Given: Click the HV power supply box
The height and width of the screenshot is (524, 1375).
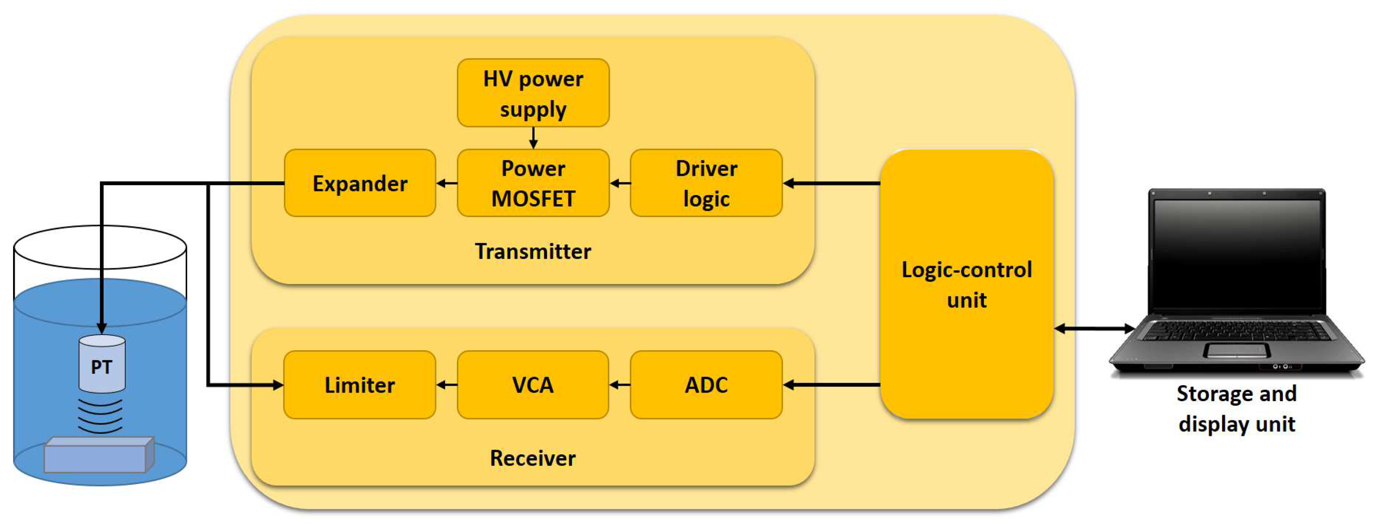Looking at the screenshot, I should click(533, 93).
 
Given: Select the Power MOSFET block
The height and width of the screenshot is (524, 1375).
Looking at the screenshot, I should click(533, 183).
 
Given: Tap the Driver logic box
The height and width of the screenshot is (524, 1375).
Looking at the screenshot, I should click(706, 183).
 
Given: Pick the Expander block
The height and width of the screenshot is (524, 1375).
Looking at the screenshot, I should click(360, 183).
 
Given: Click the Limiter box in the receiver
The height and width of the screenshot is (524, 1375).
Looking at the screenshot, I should click(359, 384).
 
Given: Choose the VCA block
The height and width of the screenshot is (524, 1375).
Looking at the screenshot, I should click(533, 384).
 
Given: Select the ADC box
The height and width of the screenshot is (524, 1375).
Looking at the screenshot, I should click(706, 384).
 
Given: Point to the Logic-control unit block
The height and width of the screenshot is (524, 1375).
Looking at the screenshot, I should click(966, 284).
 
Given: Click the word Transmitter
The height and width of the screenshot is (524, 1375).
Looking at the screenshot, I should click(533, 251).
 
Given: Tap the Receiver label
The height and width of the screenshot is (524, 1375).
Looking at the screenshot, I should click(533, 458).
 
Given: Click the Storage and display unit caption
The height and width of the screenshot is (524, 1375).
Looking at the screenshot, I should click(1236, 409).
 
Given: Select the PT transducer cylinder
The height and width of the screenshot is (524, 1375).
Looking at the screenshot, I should click(102, 364).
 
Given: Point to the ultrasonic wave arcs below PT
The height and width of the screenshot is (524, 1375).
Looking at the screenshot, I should click(100, 415).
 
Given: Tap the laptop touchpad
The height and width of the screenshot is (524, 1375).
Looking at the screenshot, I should click(1236, 351).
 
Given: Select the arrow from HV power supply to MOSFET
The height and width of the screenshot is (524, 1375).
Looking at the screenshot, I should click(533, 138).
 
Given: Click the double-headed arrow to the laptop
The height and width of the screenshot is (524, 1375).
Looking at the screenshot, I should click(1094, 329).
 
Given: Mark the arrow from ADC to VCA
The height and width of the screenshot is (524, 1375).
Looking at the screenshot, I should click(620, 384).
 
